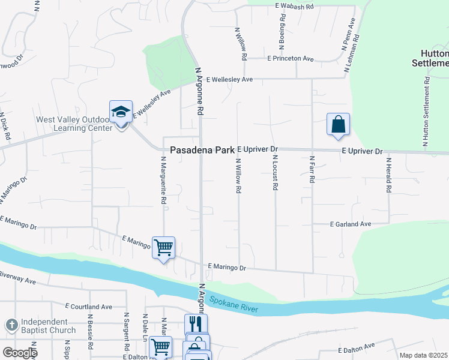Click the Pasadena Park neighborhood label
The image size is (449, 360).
pos(202,150)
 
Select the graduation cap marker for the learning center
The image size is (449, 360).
pos(121,112)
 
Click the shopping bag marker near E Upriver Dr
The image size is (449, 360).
pos(338,124)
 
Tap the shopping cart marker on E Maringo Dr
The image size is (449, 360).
pos(163,247)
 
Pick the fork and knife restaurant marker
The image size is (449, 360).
pos(195,325)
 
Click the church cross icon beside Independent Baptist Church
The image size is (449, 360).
pos(11,325)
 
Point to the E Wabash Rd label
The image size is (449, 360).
pos(294,5)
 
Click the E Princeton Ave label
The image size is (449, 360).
pos(291,59)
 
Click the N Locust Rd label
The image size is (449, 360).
pos(275,173)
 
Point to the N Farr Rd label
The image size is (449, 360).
pos(312,173)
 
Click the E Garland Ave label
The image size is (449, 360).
pos(351,224)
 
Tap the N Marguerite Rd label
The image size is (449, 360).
pos(163,181)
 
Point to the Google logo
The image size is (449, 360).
pos(20,353)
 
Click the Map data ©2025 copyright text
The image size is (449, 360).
pos(423,355)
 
